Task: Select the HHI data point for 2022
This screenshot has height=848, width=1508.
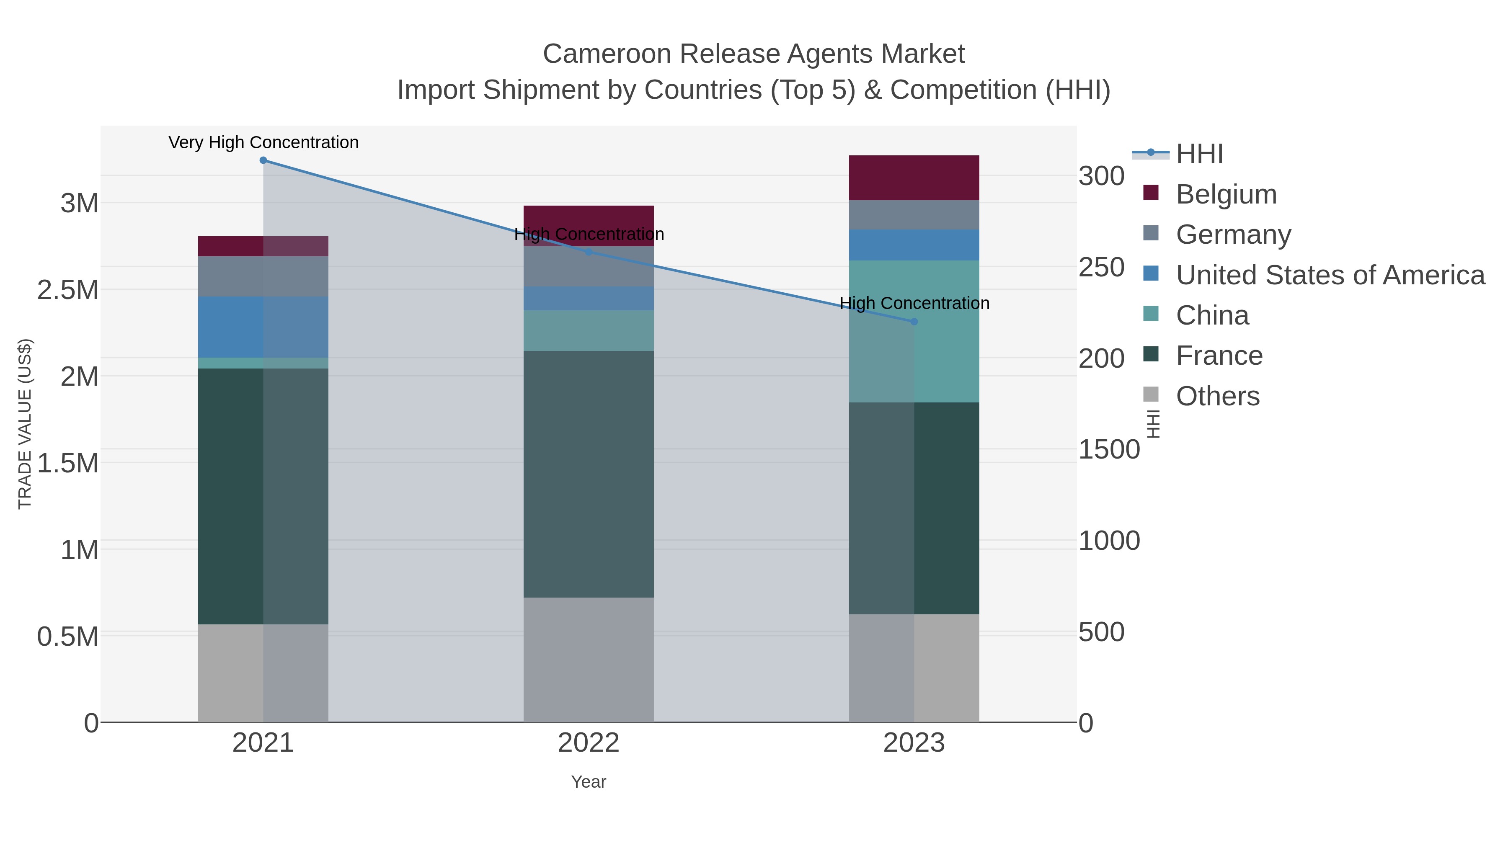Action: click(x=589, y=252)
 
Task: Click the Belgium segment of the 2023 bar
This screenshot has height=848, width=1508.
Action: click(x=914, y=178)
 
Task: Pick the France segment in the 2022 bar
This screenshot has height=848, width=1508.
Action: click(x=589, y=474)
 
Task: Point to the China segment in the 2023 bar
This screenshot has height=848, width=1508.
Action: click(x=914, y=363)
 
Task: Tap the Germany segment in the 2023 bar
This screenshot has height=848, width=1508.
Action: click(x=914, y=215)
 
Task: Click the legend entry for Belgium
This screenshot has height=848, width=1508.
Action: click(x=1226, y=194)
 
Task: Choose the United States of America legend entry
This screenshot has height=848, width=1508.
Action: click(x=1330, y=275)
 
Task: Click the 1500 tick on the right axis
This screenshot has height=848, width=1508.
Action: click(x=1109, y=449)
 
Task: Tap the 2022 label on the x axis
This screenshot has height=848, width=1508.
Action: click(x=589, y=743)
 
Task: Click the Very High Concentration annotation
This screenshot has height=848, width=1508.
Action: click(x=263, y=142)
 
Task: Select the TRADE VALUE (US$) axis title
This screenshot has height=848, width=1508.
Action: click(x=25, y=424)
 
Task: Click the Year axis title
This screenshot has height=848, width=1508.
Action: click(x=589, y=782)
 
